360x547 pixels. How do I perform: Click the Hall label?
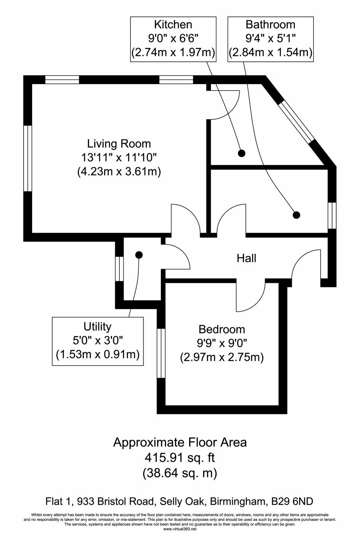pyautogui.click(x=246, y=258)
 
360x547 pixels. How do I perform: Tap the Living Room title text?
pyautogui.click(x=119, y=144)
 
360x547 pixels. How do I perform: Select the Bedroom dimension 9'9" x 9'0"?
pyautogui.click(x=222, y=344)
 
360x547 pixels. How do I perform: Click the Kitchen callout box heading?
pyautogui.click(x=173, y=25)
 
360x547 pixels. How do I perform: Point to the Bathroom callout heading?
pyautogui.click(x=270, y=25)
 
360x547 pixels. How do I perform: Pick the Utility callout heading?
pyautogui.click(x=97, y=327)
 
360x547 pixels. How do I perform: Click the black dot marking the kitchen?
pyautogui.click(x=242, y=153)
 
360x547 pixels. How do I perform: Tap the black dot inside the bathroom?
pyautogui.click(x=297, y=215)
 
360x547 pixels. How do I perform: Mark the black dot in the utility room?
pyautogui.click(x=139, y=255)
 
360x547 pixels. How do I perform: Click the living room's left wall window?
pyautogui.click(x=28, y=158)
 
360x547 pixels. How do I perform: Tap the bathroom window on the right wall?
pyautogui.click(x=332, y=216)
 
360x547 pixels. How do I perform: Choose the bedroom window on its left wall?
pyautogui.click(x=161, y=353)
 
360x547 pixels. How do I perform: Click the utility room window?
pyautogui.click(x=119, y=269)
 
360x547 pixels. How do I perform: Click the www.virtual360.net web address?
pyautogui.click(x=179, y=529)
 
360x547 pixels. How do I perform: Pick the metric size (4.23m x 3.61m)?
pyautogui.click(x=119, y=172)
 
